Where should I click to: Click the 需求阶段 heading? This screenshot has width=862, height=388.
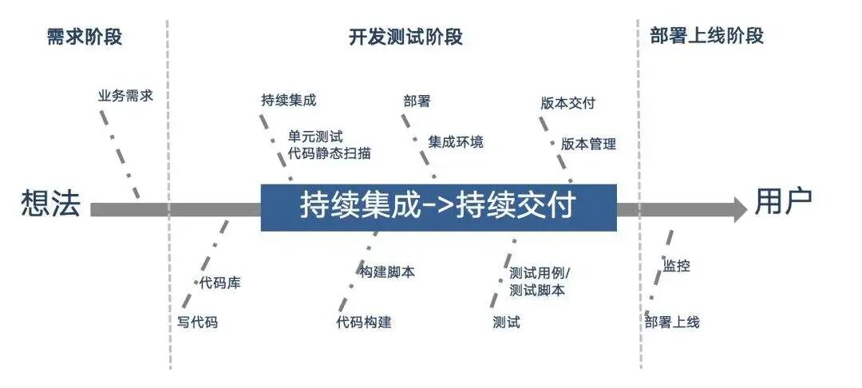85,37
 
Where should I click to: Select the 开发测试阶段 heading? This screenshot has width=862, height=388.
405,37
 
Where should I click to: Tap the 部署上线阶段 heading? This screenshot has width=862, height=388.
706,36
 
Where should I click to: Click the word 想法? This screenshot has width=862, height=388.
50,205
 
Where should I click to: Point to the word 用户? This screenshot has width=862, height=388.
784,204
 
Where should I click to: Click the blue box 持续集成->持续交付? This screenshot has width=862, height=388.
438,208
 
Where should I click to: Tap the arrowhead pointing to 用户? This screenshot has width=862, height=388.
735,209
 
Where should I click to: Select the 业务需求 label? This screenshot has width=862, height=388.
125,97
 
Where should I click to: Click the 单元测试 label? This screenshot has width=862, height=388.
315,137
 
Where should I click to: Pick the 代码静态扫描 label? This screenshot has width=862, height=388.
328,153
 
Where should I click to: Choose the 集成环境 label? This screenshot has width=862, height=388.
456,142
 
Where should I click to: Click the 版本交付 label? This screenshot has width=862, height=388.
567,103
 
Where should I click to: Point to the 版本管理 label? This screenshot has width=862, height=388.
588,145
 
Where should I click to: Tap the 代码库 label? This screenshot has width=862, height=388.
219,283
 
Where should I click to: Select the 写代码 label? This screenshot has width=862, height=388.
197,323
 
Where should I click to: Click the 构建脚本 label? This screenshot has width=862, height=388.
387,271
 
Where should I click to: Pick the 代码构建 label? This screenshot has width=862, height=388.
364,323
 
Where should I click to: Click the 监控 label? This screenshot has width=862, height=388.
676,267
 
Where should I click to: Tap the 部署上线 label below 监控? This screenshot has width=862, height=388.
672,323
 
